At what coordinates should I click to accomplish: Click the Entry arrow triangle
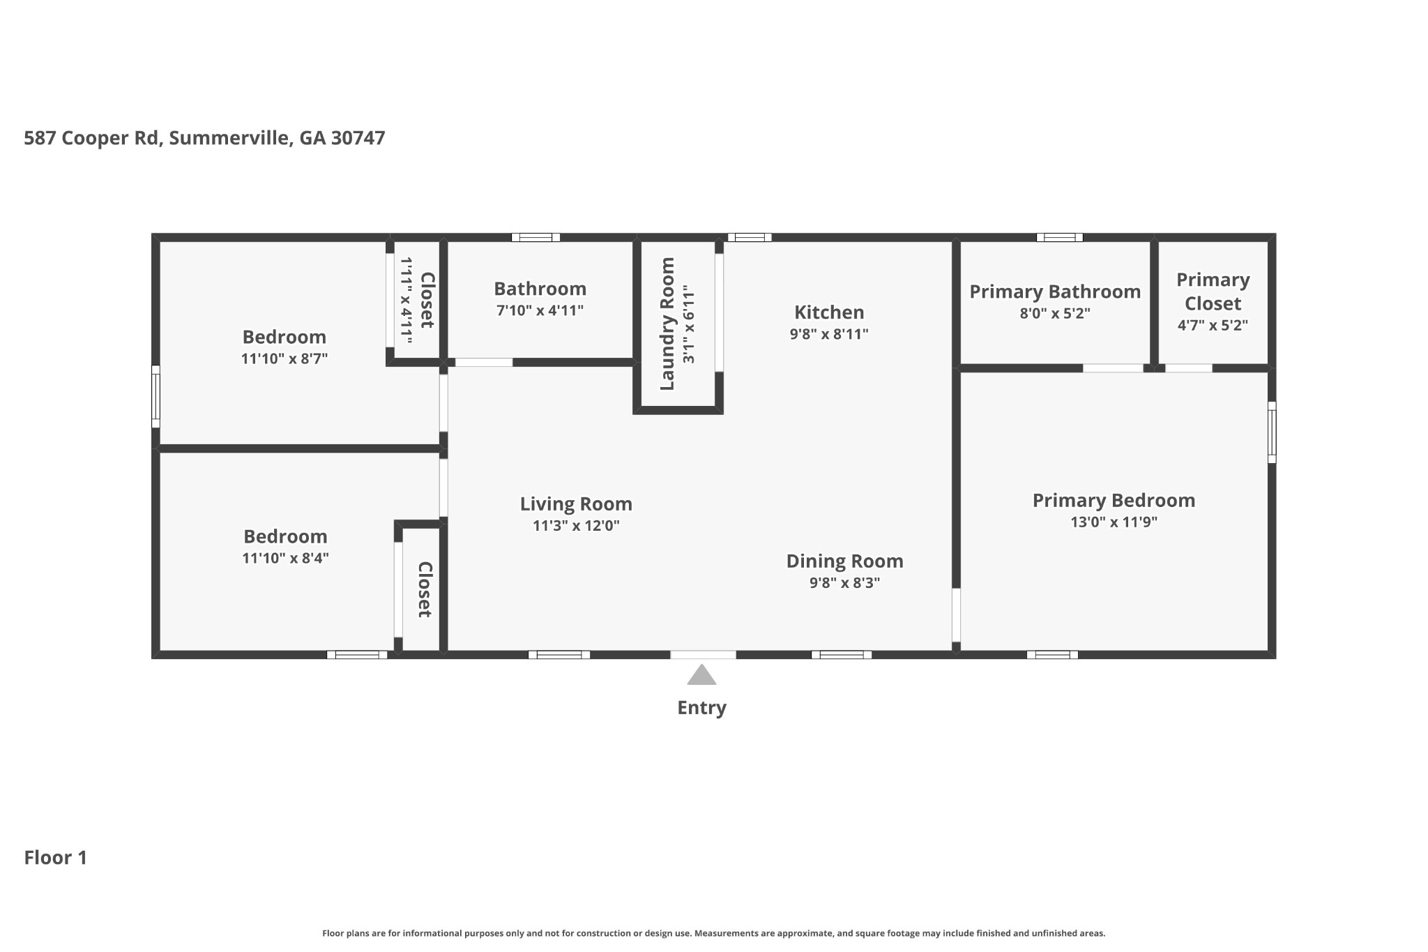(701, 676)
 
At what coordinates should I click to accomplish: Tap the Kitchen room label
(829, 312)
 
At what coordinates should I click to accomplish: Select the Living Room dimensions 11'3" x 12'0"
(576, 526)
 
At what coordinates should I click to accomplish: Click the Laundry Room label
(667, 324)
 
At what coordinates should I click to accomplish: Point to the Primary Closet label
(1213, 292)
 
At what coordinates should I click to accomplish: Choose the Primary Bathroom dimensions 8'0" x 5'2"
(1055, 313)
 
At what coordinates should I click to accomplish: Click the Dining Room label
(844, 561)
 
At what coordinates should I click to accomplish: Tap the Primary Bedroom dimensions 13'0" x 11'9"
(1114, 522)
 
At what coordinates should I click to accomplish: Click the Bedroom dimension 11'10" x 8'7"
(284, 359)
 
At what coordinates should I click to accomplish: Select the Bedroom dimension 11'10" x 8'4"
(285, 558)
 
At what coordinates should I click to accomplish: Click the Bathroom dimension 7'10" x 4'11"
(540, 310)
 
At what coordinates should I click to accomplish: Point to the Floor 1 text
(56, 857)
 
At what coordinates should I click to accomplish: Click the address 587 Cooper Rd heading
(204, 138)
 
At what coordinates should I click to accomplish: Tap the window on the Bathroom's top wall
(535, 237)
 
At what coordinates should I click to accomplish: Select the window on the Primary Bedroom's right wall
(1272, 432)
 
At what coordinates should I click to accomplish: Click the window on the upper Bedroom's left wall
(156, 396)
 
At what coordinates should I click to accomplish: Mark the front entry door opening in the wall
(703, 654)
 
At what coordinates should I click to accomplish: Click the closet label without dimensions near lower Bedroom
(425, 589)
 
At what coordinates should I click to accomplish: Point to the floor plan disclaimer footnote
(713, 933)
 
